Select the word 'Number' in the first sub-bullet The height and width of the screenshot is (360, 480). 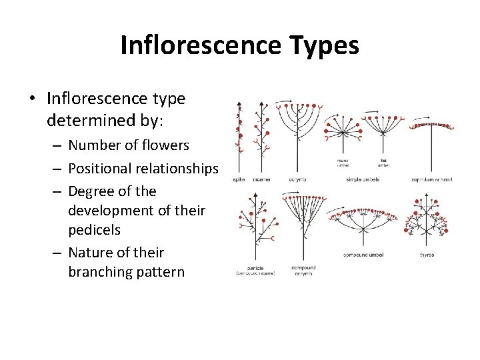pyautogui.click(x=92, y=145)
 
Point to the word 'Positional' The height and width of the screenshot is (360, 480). pyautogui.click(x=103, y=168)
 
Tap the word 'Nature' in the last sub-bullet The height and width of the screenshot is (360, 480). pyautogui.click(x=91, y=253)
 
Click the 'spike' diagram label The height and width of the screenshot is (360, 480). pyautogui.click(x=239, y=179)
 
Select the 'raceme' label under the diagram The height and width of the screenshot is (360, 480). pyautogui.click(x=261, y=179)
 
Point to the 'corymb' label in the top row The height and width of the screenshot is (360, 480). pyautogui.click(x=297, y=179)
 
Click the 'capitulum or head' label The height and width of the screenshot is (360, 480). pyautogui.click(x=432, y=179)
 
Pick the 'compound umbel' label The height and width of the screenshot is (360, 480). pyautogui.click(x=363, y=254)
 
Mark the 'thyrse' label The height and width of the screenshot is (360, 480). pyautogui.click(x=427, y=254)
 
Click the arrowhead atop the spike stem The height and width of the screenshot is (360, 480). pyautogui.click(x=239, y=104)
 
